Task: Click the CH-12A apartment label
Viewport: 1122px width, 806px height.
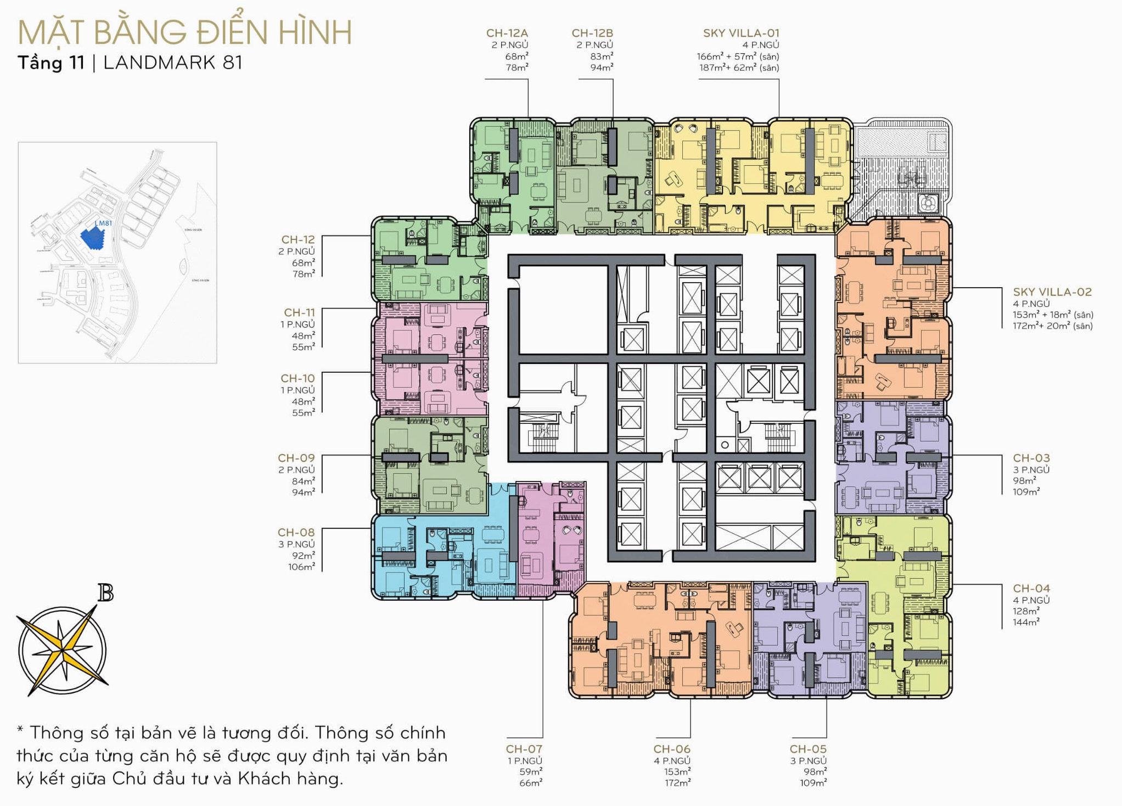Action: click(507, 33)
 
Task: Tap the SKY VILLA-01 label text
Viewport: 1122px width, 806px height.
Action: click(740, 33)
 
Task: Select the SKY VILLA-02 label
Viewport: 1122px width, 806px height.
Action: click(1052, 292)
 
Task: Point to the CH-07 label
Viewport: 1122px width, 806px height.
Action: click(524, 749)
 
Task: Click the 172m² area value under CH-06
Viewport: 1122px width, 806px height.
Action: click(677, 783)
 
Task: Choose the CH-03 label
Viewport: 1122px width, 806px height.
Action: click(1031, 458)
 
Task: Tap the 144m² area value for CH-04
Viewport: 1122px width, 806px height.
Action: click(1026, 622)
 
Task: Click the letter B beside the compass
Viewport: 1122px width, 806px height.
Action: click(105, 593)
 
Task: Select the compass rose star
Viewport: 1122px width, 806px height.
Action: click(63, 651)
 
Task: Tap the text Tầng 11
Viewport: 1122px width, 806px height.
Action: click(51, 63)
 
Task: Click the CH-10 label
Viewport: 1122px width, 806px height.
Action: click(298, 378)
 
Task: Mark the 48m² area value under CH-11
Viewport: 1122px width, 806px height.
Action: click(303, 335)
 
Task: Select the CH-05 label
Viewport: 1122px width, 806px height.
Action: click(807, 749)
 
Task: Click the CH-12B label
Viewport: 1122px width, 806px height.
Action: click(592, 33)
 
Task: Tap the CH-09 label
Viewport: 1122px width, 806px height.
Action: click(296, 458)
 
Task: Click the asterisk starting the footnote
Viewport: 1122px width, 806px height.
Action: click(20, 730)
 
